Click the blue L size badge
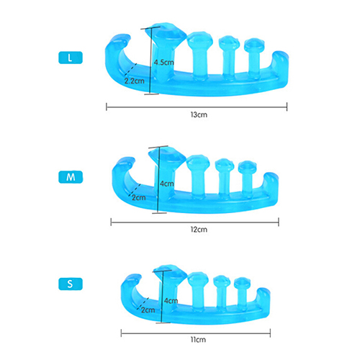tap(71, 58)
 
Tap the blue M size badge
tap(71, 177)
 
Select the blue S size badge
tap(71, 284)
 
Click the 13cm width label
tap(199, 114)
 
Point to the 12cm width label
tap(199, 230)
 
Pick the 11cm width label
tap(198, 340)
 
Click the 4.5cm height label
tap(164, 63)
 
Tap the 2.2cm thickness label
tap(135, 81)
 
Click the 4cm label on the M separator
tap(167, 184)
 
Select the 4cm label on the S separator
tap(171, 300)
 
